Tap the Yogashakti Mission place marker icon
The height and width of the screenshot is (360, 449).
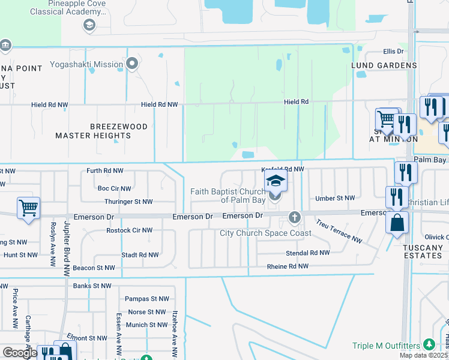131,64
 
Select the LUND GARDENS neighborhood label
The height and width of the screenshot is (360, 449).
384,65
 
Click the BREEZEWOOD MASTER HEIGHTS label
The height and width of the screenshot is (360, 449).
93,131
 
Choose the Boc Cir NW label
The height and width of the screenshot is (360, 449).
115,188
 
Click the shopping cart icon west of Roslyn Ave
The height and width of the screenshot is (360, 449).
28,208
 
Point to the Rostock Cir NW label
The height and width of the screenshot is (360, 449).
129,230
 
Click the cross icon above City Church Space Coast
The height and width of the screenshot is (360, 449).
294,217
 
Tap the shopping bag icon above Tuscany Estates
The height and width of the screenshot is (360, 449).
397,223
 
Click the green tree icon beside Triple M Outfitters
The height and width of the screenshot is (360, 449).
428,344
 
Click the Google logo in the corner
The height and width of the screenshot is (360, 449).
20,353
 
